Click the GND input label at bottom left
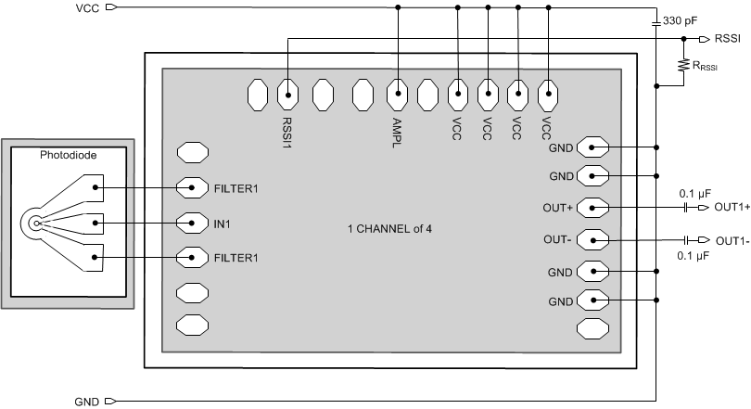point(86,402)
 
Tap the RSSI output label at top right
point(728,40)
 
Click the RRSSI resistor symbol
point(683,65)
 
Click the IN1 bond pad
point(192,223)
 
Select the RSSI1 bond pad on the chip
point(287,93)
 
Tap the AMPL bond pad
point(398,93)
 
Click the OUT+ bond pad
point(592,207)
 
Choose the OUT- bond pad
point(592,240)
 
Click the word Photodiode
point(67,156)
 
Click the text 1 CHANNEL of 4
point(390,229)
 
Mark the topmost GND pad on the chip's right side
point(592,147)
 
